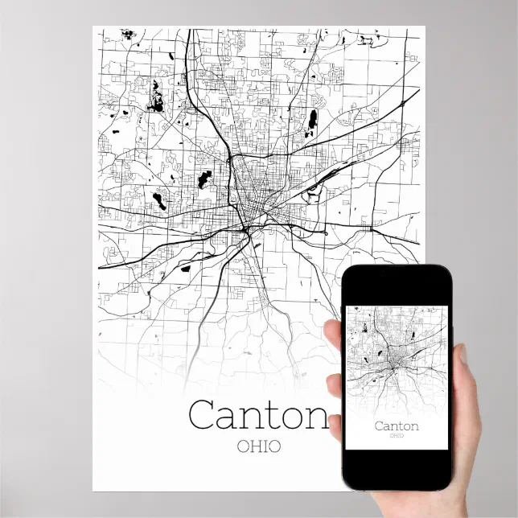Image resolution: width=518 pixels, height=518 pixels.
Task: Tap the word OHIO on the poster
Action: click(x=259, y=445)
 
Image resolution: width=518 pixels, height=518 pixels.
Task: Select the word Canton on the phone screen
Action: click(x=397, y=425)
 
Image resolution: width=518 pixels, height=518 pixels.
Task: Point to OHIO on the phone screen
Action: click(x=397, y=436)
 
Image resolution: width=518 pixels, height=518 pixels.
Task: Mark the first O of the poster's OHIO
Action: click(x=244, y=445)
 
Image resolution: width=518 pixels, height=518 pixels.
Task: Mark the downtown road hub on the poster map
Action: click(x=246, y=216)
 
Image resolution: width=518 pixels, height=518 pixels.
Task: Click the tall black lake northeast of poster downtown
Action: click(x=312, y=119)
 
